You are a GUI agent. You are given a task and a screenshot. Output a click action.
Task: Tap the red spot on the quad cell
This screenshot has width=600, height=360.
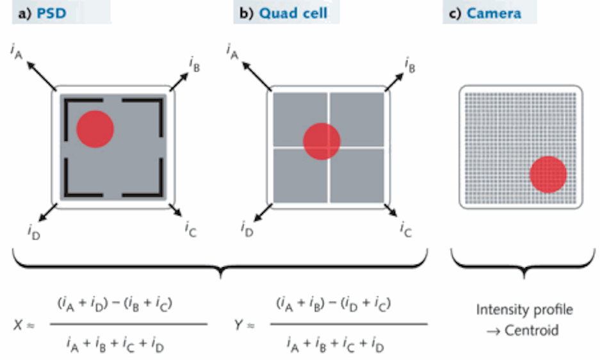coord(321,140)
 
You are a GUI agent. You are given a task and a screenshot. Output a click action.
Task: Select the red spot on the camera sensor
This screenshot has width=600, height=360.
coord(547,174)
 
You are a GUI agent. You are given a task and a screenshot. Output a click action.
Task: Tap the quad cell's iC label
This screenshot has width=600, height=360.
coord(406,228)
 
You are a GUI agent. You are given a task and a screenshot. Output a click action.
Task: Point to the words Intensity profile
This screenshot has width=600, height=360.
coord(524,310)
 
